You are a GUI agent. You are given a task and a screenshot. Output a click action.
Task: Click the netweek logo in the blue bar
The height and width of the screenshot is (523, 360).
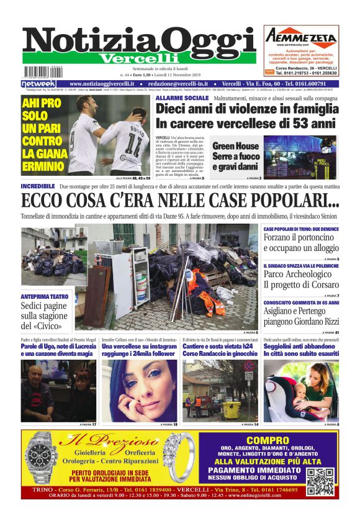[38, 84]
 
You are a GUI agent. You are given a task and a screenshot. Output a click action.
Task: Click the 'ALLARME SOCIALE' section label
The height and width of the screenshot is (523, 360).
[182, 98]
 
